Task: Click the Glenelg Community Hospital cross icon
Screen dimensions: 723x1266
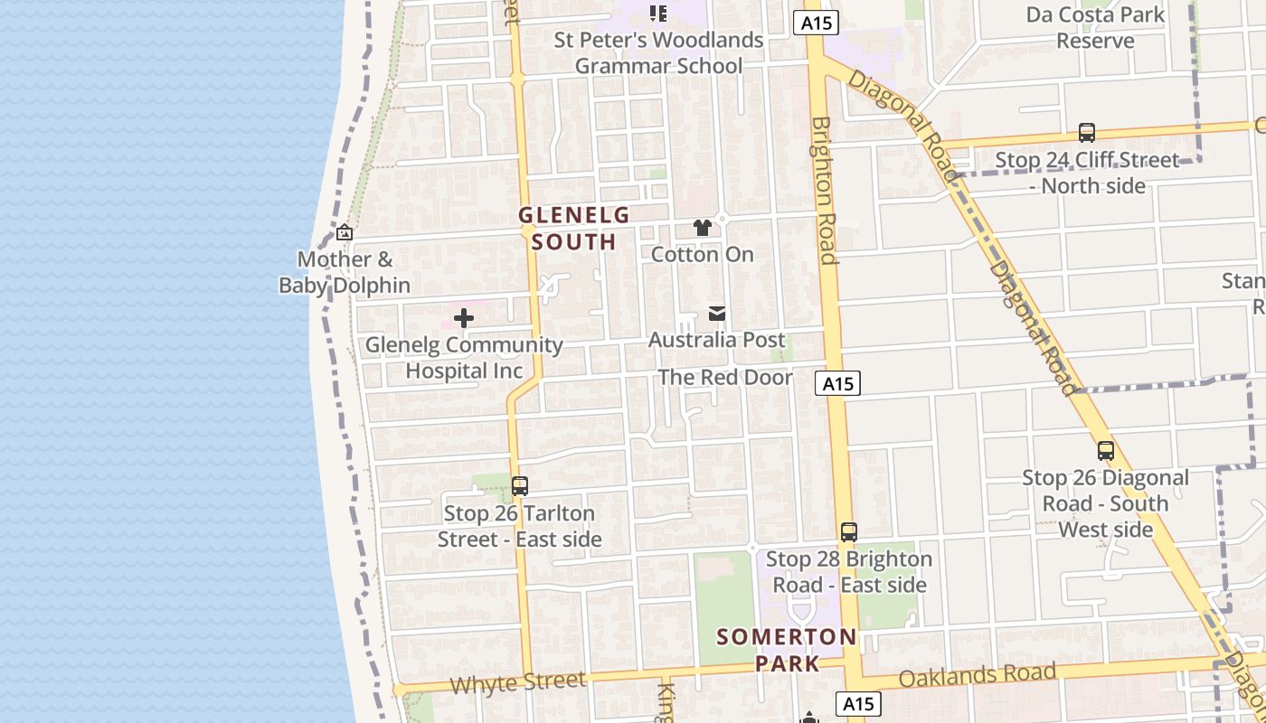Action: click(464, 318)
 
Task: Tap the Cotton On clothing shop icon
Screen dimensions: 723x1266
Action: click(703, 228)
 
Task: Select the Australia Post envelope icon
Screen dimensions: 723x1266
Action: click(717, 314)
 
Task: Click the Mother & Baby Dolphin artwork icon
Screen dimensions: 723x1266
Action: click(344, 233)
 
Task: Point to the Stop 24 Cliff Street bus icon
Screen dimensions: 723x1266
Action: click(1087, 133)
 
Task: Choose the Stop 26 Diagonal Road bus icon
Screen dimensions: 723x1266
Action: click(1105, 450)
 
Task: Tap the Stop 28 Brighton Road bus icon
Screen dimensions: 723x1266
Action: click(848, 531)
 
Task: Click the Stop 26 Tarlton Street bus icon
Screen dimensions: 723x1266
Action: click(519, 486)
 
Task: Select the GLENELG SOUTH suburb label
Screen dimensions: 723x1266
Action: click(573, 228)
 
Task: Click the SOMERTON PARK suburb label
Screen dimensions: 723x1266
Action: click(787, 649)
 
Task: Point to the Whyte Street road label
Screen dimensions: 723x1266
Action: click(517, 682)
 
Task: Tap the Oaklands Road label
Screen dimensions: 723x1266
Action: click(978, 675)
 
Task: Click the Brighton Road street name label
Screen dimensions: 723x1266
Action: click(823, 190)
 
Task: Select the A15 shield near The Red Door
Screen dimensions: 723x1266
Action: click(836, 383)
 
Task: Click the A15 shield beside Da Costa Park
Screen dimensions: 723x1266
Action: click(817, 23)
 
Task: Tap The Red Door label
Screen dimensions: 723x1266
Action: click(725, 377)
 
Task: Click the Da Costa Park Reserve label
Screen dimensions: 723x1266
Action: click(1095, 27)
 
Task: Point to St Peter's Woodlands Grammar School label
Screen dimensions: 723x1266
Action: click(659, 52)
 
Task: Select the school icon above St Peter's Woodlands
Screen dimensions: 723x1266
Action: click(658, 13)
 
